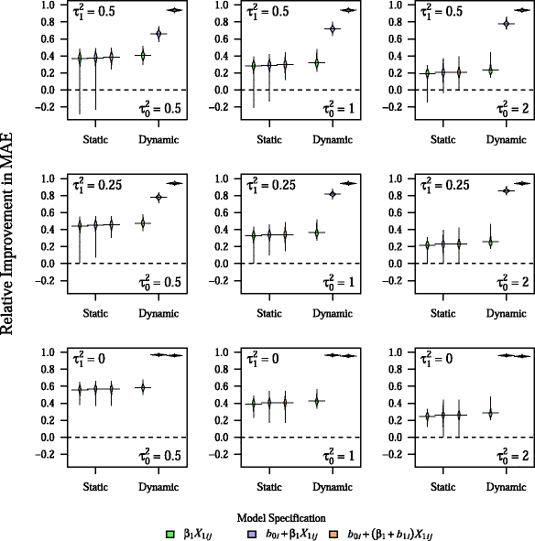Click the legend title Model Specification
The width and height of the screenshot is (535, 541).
tap(267, 516)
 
